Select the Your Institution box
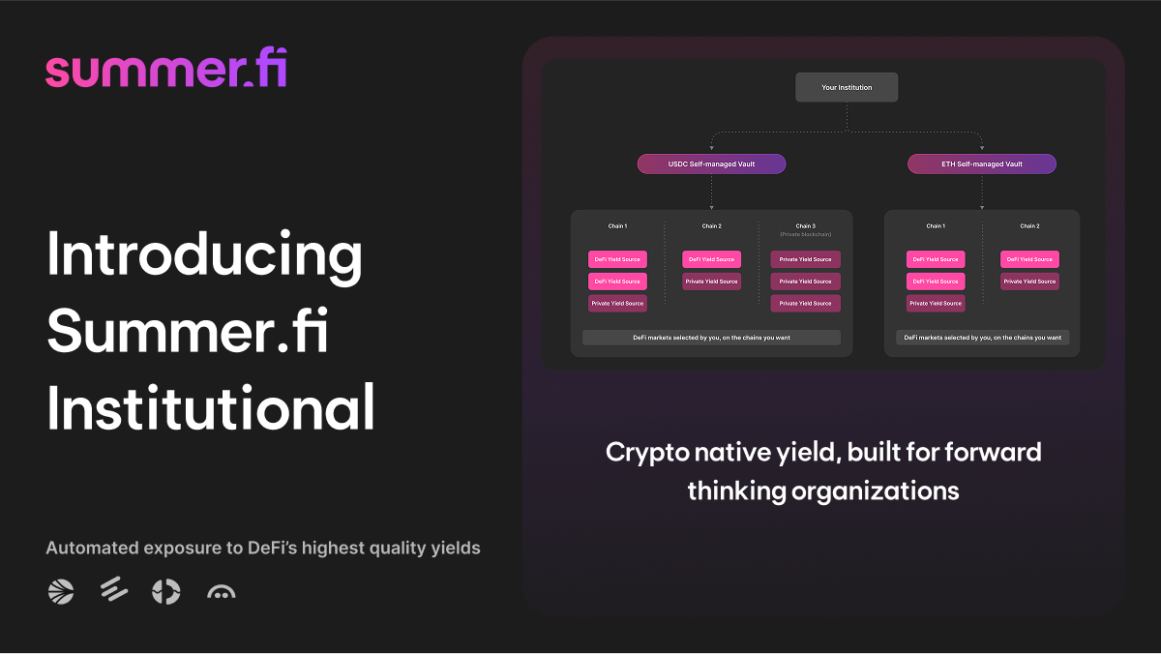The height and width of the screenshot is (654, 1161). (847, 87)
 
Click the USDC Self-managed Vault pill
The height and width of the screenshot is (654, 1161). (711, 164)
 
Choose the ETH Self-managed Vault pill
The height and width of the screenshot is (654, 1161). (981, 164)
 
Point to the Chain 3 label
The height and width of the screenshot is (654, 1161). (805, 226)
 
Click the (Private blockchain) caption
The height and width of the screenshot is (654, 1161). (805, 235)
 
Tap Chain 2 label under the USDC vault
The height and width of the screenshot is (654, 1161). (711, 226)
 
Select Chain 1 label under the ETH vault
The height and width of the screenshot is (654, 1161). (936, 226)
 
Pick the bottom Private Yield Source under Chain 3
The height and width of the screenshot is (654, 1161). (805, 303)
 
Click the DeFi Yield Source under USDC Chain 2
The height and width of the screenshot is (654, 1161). (711, 259)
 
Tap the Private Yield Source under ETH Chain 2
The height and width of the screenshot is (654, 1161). (1029, 282)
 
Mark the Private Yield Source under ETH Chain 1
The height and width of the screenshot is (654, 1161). (936, 303)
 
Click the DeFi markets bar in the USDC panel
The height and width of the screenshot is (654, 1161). (711, 338)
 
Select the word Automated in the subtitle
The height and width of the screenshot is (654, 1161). (92, 549)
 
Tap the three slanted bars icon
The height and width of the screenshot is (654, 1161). (114, 591)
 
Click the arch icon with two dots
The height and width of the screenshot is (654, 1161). (222, 592)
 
